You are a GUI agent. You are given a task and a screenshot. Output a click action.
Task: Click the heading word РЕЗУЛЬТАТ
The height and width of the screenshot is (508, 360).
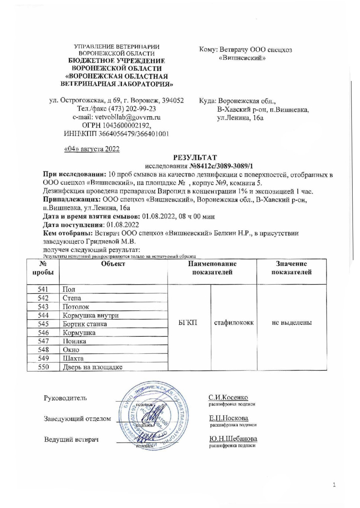tap(195, 158)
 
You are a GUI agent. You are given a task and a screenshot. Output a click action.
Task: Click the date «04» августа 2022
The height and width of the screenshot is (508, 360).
tap(92, 149)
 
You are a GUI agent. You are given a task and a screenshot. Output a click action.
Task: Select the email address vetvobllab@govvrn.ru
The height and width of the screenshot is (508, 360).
tap(128, 117)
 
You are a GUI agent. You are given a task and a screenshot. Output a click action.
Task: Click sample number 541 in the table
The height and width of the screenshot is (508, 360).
tap(43, 289)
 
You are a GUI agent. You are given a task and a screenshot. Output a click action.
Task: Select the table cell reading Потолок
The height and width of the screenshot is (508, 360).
tap(76, 307)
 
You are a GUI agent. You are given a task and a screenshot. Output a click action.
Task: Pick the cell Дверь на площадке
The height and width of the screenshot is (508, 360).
tap(92, 367)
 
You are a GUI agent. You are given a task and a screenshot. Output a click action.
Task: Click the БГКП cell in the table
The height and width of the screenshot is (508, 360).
tap(188, 323)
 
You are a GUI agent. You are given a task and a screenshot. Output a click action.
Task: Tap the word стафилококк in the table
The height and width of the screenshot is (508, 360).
tap(234, 323)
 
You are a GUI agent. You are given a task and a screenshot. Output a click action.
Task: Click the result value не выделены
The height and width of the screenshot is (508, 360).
tap(292, 323)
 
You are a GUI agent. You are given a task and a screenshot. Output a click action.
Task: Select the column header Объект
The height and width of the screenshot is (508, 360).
tap(113, 264)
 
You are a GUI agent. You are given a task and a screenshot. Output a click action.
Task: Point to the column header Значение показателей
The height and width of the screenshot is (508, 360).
tap(291, 268)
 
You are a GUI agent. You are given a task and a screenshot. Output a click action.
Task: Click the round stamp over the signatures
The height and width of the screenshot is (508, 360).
tap(154, 415)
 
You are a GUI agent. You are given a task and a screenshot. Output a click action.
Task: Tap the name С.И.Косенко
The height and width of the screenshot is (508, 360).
tap(228, 398)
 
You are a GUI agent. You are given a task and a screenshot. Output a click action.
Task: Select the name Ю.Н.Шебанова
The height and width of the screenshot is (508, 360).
tap(233, 439)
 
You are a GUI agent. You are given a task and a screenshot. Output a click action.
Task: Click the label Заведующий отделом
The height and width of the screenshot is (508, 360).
tap(77, 419)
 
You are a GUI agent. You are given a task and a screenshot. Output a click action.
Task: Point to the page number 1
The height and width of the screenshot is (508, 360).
tap(334, 485)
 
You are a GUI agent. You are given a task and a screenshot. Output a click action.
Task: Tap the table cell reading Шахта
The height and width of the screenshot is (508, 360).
tap(73, 359)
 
